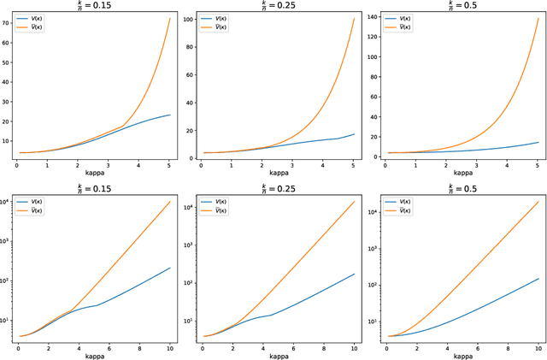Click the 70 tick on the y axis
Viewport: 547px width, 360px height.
[x=8, y=23]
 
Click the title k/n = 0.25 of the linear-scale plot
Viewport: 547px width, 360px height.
[x=274, y=5]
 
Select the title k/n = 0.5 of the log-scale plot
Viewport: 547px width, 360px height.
[x=461, y=186]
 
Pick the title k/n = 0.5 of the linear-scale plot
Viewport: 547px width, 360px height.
[x=461, y=5]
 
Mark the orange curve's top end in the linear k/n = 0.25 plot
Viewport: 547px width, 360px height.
[x=354, y=18]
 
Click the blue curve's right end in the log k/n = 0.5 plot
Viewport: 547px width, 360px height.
[x=538, y=279]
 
